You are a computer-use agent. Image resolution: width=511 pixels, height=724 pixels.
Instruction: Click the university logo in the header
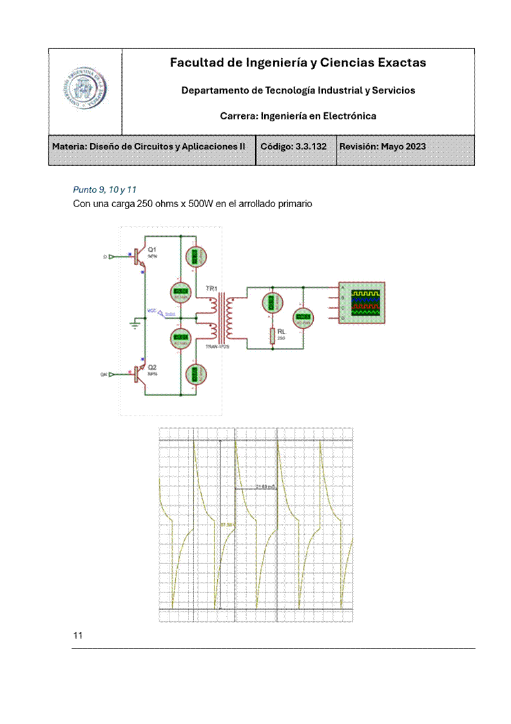point(85,91)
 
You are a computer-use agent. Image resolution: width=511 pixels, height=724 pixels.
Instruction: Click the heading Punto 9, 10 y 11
point(105,190)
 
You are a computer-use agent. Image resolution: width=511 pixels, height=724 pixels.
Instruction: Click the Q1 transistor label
point(152,249)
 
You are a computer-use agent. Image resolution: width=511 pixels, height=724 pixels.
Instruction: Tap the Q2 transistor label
point(152,367)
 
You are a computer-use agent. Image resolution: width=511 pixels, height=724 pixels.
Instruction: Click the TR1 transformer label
point(211,288)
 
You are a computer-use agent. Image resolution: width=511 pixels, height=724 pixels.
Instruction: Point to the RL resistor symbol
point(273,335)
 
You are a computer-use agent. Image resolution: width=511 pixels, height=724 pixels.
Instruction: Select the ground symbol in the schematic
point(135,325)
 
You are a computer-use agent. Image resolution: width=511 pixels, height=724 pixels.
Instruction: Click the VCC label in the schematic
point(151,311)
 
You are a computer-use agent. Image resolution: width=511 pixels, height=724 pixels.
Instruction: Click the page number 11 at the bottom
point(78,636)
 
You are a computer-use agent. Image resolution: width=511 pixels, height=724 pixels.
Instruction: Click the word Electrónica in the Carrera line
point(351,116)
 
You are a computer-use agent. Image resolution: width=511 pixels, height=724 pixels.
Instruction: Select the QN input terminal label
point(103,374)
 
